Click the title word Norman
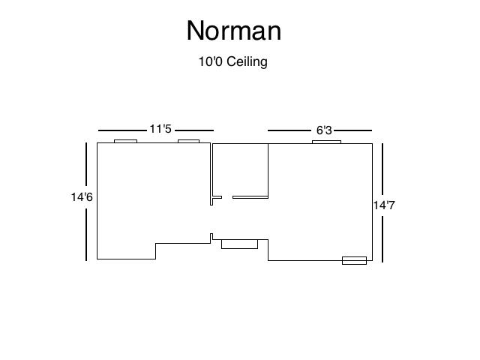click(233, 31)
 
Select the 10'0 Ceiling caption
click(232, 61)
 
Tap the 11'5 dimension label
click(160, 129)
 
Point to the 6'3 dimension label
click(324, 130)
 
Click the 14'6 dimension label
click(82, 197)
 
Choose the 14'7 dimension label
click(383, 204)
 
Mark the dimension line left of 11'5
click(121, 130)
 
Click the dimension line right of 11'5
click(194, 130)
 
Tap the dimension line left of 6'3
click(289, 130)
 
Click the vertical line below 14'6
click(87, 233)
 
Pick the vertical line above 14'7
click(383, 168)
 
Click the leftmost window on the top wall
click(125, 141)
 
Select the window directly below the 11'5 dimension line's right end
click(188, 141)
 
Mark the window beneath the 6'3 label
click(326, 141)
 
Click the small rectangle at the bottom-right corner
click(354, 260)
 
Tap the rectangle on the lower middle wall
click(239, 244)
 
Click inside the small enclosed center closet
click(240, 169)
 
